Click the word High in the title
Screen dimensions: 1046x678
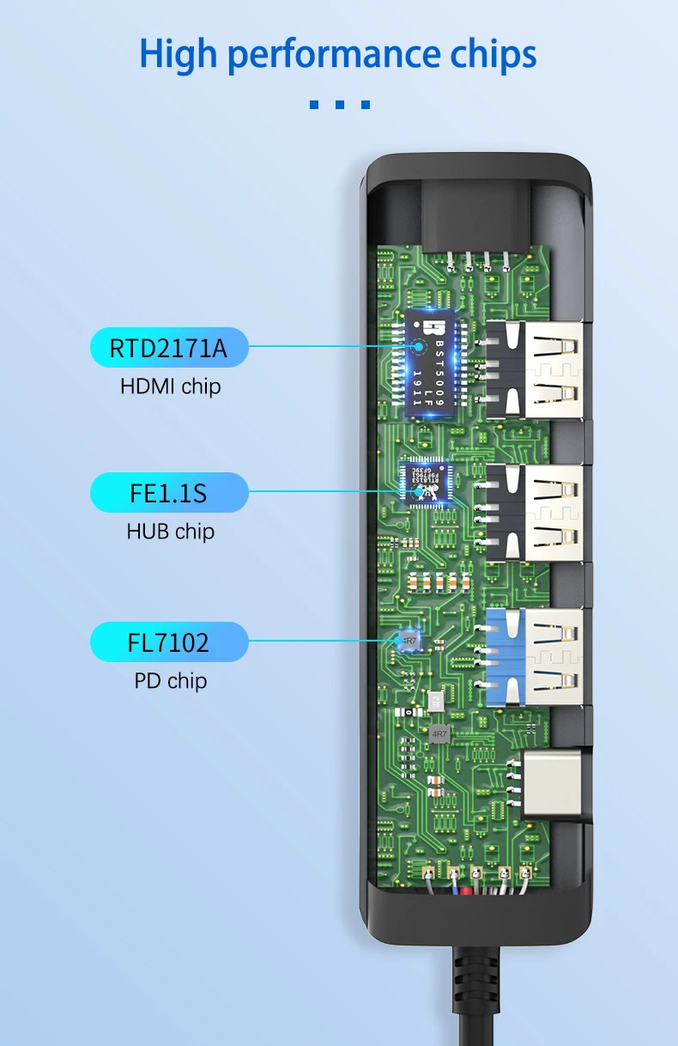pos(178,54)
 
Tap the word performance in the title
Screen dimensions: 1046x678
pos(334,56)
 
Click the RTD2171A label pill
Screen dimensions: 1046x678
pos(169,349)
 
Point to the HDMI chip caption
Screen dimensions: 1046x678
pos(170,386)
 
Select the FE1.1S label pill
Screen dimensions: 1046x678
pos(169,494)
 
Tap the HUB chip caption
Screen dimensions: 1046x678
pos(170,532)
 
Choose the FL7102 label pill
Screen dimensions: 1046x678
pos(169,642)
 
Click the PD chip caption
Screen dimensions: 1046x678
pos(170,681)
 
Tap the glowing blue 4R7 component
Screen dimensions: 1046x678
pos(409,641)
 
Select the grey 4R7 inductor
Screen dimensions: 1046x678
pos(439,734)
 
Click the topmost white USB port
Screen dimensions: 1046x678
pos(536,369)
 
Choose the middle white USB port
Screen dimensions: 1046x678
pos(536,513)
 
